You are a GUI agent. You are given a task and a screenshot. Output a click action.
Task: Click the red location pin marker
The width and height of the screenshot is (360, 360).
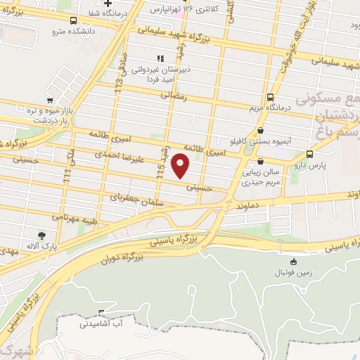pos(181,165)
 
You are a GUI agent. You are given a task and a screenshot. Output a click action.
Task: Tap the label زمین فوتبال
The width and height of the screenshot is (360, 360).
pos(290,271)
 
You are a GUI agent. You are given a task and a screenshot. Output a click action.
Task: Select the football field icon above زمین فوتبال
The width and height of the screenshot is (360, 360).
pos(289,259)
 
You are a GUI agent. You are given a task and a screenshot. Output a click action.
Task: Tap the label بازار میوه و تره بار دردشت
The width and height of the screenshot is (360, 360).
pos(50,115)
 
